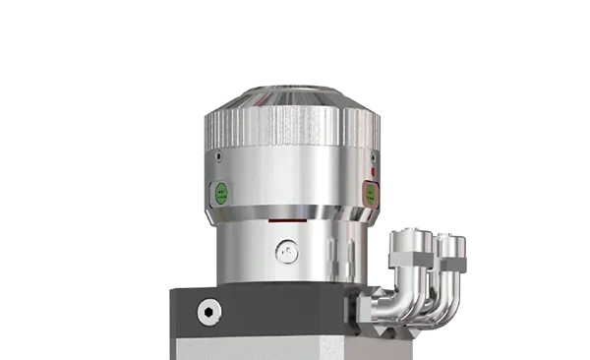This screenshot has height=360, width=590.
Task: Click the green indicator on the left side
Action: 222,192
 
